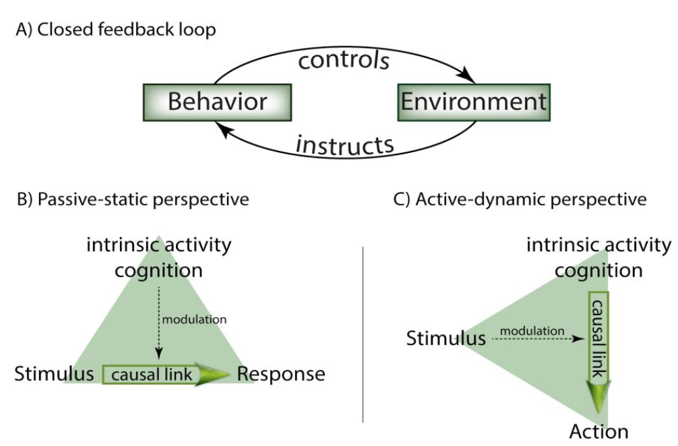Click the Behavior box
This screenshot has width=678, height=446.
[218, 102]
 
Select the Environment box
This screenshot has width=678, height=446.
[474, 102]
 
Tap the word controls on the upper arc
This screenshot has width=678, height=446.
[344, 60]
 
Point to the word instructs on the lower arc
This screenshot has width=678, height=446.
[345, 145]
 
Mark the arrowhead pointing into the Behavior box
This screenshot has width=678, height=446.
[222, 129]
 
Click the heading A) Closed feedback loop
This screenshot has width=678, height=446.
[116, 30]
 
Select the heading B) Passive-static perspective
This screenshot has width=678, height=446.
[133, 199]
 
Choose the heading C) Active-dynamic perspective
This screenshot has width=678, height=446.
[520, 199]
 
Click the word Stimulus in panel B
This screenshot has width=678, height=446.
[54, 374]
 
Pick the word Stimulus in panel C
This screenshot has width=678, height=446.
[445, 338]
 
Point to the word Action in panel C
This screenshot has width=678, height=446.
[599, 431]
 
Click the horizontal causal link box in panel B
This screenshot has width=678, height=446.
[152, 375]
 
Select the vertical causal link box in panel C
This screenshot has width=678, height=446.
[598, 336]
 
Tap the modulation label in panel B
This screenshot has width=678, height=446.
[195, 319]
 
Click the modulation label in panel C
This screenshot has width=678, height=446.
[532, 331]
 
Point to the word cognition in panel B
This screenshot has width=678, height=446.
[158, 272]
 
